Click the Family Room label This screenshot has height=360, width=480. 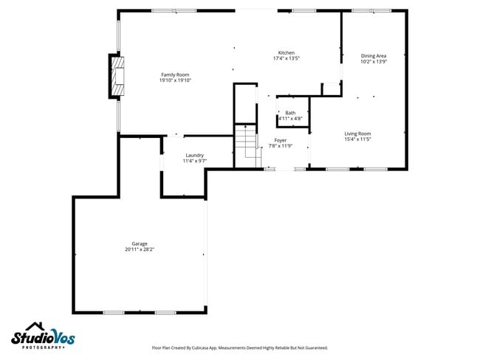pyautogui.click(x=175, y=75)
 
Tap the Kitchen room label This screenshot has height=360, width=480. pyautogui.click(x=286, y=53)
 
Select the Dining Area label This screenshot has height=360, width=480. pyautogui.click(x=373, y=56)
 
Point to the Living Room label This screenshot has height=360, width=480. pyautogui.click(x=357, y=134)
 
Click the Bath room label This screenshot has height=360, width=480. pyautogui.click(x=290, y=113)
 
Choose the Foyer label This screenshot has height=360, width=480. pyautogui.click(x=281, y=140)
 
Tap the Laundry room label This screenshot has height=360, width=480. pyautogui.click(x=194, y=155)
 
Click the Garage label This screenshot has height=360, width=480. pyautogui.click(x=140, y=243)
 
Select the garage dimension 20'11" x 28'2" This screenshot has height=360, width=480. pyautogui.click(x=140, y=249)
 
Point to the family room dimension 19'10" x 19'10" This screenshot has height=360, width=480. pyautogui.click(x=175, y=80)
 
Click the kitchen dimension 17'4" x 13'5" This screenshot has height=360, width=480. pyautogui.click(x=286, y=59)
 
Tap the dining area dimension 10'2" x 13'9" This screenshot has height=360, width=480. pyautogui.click(x=373, y=62)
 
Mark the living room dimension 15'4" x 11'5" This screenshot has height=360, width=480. pyautogui.click(x=357, y=139)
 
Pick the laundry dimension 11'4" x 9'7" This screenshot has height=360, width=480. pyautogui.click(x=194, y=161)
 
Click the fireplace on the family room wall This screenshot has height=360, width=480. pyautogui.click(x=117, y=76)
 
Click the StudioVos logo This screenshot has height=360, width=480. pyautogui.click(x=43, y=339)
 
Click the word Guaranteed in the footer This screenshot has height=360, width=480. pyautogui.click(x=313, y=347)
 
